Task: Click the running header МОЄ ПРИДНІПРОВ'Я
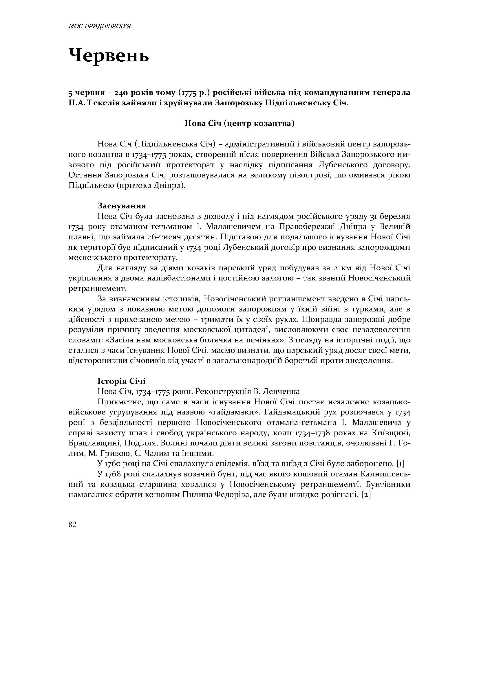coord(99,27)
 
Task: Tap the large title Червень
coord(109,55)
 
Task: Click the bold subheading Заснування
coord(122,206)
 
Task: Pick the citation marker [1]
coord(400,464)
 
